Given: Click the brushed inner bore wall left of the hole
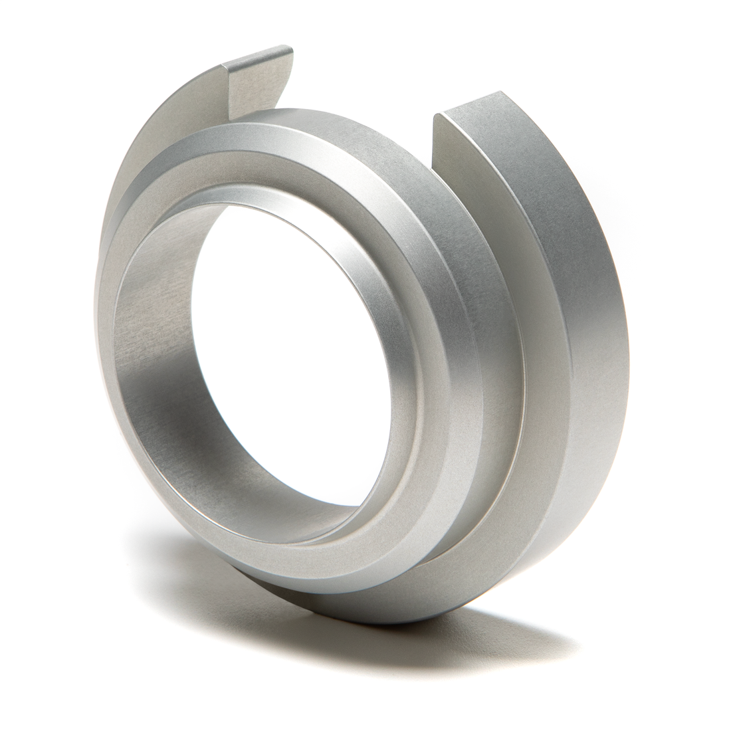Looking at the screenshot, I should point(143,372).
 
